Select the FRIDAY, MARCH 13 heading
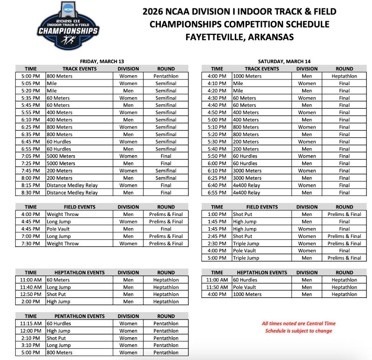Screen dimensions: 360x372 pyautogui.click(x=102, y=61)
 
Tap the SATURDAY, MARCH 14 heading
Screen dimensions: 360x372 pyautogui.click(x=284, y=61)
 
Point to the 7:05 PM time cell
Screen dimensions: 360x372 pyautogui.click(x=31, y=156)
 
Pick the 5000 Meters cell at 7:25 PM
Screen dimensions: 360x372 pyautogui.click(x=61, y=163)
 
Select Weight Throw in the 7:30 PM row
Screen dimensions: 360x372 pyautogui.click(x=63, y=243)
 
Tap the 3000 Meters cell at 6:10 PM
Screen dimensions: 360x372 pyautogui.click(x=247, y=170)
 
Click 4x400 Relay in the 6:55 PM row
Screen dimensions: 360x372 pyautogui.click(x=246, y=192)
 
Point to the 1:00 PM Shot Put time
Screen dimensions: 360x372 pyautogui.click(x=217, y=214)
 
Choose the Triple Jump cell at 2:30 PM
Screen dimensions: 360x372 pyautogui.click(x=247, y=243)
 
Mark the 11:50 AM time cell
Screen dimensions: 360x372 pyautogui.click(x=217, y=287)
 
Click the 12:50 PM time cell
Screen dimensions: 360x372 pyautogui.click(x=31, y=294)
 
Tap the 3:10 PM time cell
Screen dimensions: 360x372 pyautogui.click(x=31, y=345)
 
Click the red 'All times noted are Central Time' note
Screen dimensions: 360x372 pyautogui.click(x=298, y=323)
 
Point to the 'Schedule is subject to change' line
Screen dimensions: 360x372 pyautogui.click(x=298, y=331)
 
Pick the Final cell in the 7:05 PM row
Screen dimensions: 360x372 pyautogui.click(x=166, y=156)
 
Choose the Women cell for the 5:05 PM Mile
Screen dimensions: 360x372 pyautogui.click(x=128, y=83)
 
